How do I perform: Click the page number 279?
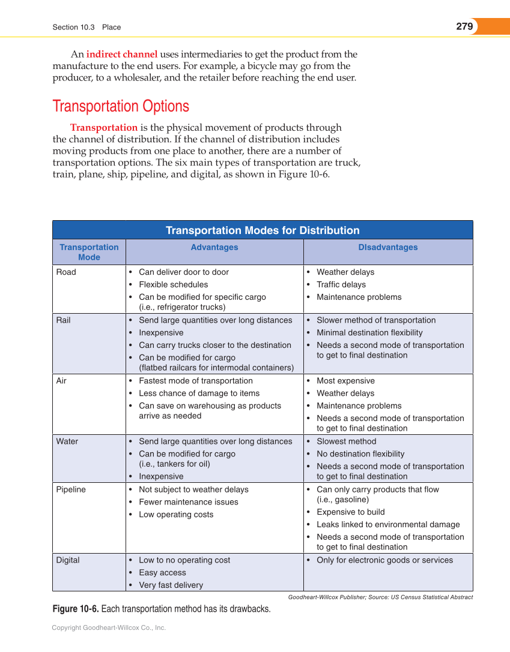(x=464, y=26)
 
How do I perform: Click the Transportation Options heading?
(x=121, y=106)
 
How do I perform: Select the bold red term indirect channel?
(x=122, y=54)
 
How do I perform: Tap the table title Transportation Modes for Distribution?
(x=263, y=230)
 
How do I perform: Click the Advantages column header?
(x=214, y=247)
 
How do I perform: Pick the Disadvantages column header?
(x=388, y=247)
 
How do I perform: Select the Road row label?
(x=66, y=272)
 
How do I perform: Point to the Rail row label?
(x=63, y=320)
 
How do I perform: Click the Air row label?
(x=61, y=381)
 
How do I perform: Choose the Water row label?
(x=67, y=441)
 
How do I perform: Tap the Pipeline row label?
(x=71, y=489)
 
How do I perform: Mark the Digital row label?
(x=68, y=560)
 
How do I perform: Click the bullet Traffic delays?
(x=341, y=284)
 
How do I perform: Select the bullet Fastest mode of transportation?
(x=196, y=381)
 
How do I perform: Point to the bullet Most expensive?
(x=345, y=381)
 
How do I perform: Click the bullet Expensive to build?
(x=351, y=512)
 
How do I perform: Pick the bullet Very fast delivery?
(x=171, y=585)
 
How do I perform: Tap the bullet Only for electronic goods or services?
(x=385, y=560)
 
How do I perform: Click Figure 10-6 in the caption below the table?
(x=76, y=609)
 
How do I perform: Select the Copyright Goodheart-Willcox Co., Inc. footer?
(x=109, y=627)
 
